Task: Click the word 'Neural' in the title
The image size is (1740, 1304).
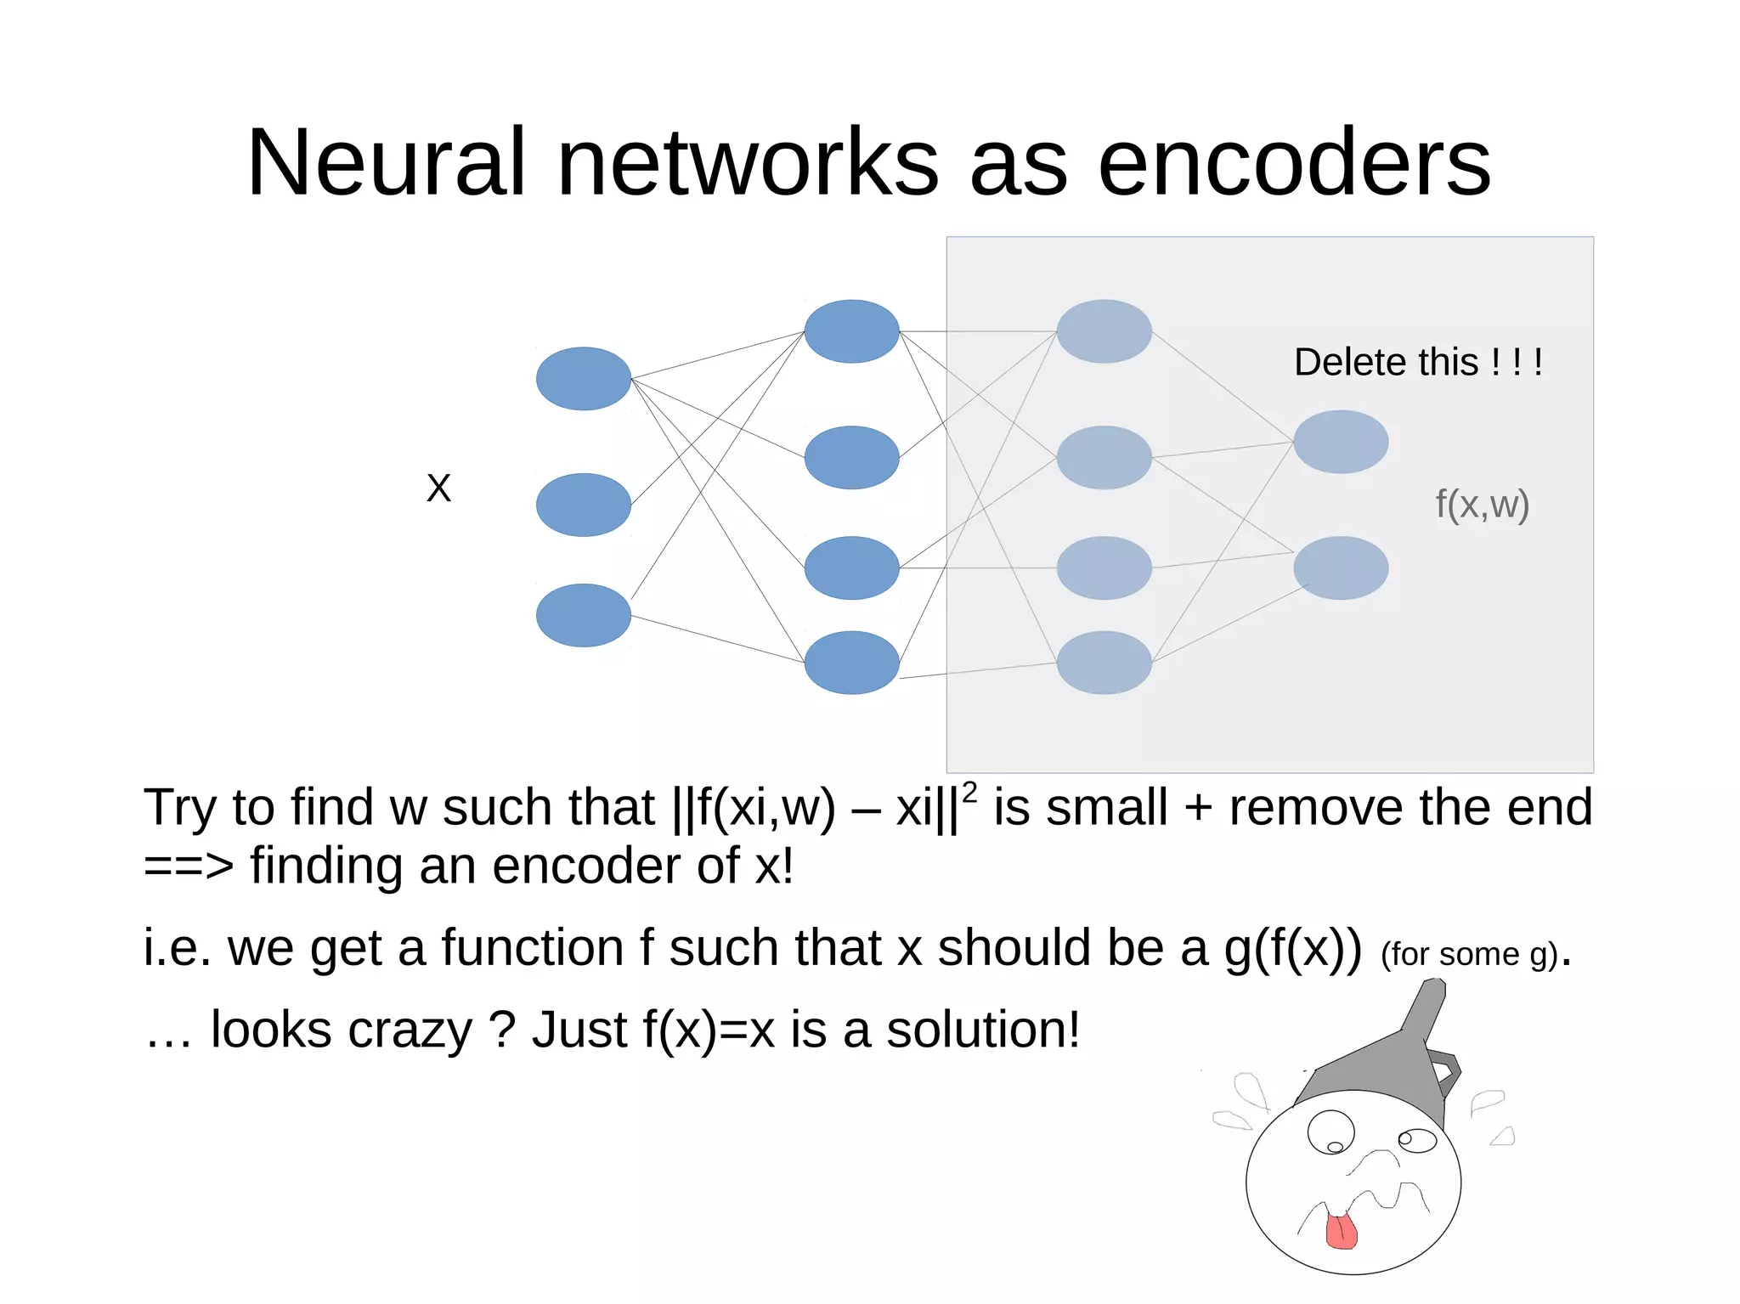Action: (x=385, y=163)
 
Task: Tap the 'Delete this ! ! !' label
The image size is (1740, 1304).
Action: (x=1417, y=363)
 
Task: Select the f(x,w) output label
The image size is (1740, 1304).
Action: (x=1482, y=505)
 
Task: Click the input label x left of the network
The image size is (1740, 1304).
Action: (x=438, y=488)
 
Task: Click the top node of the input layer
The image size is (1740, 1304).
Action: (x=583, y=379)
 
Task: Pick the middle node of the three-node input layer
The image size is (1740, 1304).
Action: (x=583, y=505)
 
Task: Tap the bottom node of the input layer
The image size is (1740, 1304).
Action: (x=583, y=615)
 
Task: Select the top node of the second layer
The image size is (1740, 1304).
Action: (x=851, y=331)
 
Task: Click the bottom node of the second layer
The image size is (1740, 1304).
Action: (x=851, y=663)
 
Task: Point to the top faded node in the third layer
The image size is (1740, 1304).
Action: (x=1104, y=331)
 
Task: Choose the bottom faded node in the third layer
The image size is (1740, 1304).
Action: (x=1104, y=663)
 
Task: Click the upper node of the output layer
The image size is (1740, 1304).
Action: (x=1341, y=442)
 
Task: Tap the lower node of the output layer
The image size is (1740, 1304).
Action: (x=1341, y=567)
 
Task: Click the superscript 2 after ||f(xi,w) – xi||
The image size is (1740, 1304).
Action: (x=969, y=792)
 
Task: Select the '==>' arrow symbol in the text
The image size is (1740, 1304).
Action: (x=188, y=867)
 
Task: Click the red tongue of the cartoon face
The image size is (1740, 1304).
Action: (x=1341, y=1232)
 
